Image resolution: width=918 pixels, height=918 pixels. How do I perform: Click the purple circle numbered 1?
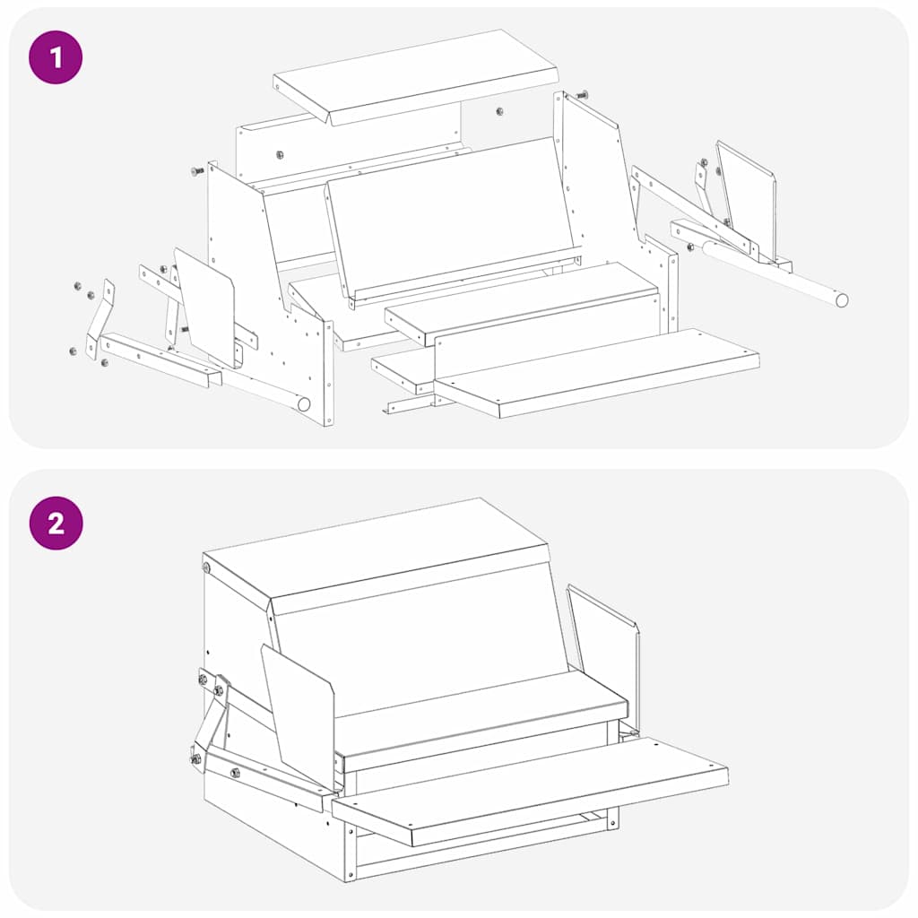click(x=56, y=57)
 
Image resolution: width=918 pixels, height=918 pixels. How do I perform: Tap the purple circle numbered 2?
click(x=56, y=523)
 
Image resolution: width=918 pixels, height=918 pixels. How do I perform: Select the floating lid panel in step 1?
click(x=416, y=76)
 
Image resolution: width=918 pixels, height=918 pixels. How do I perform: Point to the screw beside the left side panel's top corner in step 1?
click(x=197, y=171)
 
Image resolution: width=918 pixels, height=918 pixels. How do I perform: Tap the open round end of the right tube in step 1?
click(x=842, y=299)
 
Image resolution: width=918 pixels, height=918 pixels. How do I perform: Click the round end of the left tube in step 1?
click(x=304, y=404)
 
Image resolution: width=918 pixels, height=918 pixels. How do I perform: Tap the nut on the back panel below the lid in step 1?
click(x=280, y=154)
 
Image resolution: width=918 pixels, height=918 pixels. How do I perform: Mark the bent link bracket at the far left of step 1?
click(x=100, y=319)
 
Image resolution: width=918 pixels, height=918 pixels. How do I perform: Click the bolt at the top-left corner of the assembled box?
click(x=206, y=567)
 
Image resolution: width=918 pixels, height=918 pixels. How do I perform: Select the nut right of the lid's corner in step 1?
click(x=499, y=111)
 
